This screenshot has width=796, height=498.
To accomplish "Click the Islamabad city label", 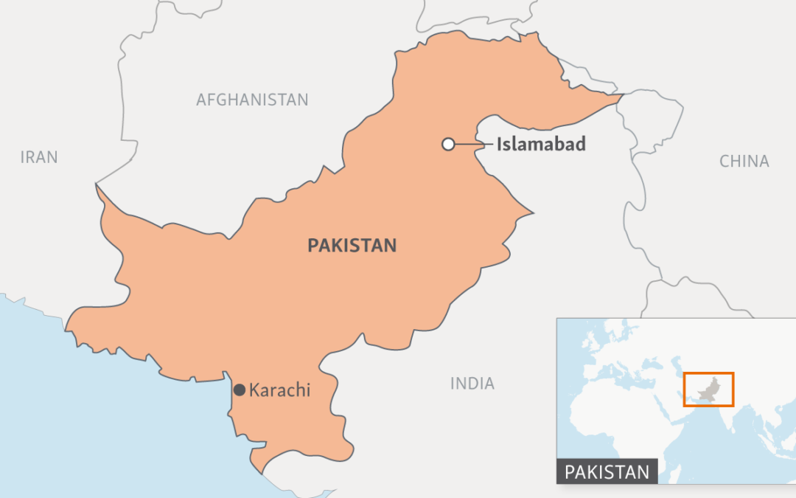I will click(541, 144).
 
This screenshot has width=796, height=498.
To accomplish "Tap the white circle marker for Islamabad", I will click(448, 145).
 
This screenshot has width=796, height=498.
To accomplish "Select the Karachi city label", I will click(280, 390).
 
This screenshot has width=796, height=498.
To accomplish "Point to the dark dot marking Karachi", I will click(239, 390).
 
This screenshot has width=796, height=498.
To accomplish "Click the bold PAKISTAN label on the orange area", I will click(352, 246).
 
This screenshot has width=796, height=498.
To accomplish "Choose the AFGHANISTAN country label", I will click(252, 100).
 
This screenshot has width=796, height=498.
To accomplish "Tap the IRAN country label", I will click(39, 157).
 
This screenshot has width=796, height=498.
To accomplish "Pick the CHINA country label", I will click(744, 162).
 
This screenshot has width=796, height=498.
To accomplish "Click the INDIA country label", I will click(472, 384).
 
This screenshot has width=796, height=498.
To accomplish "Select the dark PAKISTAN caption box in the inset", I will click(607, 472).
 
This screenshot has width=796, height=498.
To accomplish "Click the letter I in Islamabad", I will click(499, 144).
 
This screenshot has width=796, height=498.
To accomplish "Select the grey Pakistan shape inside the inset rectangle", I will click(708, 392).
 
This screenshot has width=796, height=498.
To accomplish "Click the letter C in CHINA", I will click(725, 162).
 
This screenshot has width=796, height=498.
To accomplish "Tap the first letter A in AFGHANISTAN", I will click(201, 100).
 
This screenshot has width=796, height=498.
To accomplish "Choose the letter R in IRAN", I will click(32, 157).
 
